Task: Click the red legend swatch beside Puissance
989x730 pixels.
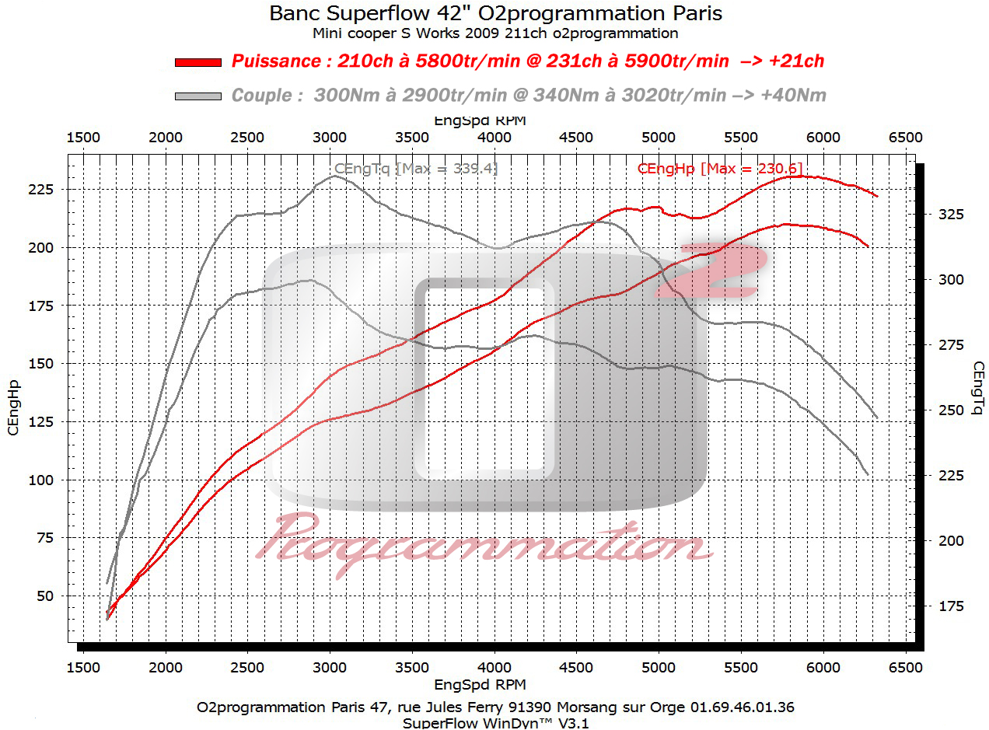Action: (198, 62)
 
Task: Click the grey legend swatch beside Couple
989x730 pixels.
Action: (198, 96)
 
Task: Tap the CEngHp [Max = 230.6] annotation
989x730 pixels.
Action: (719, 168)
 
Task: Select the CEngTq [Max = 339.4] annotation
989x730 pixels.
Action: (415, 168)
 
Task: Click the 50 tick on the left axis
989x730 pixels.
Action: (49, 596)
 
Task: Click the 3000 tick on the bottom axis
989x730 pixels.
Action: (330, 668)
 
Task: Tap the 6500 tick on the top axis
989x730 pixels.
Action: (905, 138)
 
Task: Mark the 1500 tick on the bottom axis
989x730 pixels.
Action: (83, 668)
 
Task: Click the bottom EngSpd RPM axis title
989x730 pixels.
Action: (479, 685)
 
